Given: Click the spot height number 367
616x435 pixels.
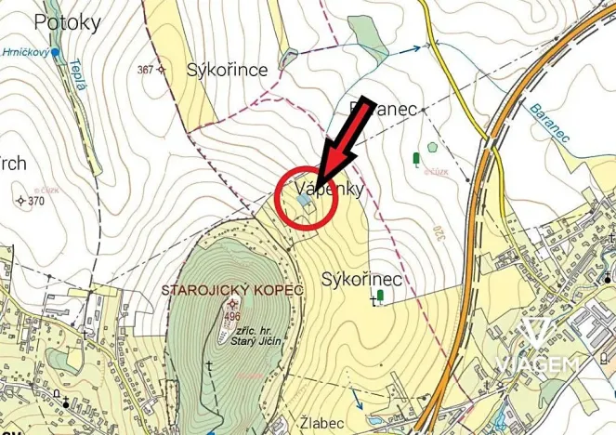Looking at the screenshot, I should point(144,70).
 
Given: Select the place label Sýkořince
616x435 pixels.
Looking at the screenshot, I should point(227,70).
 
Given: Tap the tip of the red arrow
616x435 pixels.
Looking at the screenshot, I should point(317,182).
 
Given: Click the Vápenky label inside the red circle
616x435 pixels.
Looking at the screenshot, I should point(321,189).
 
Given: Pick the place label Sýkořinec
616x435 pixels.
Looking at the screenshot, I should point(361,279).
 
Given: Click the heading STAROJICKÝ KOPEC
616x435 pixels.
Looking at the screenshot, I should point(232,290).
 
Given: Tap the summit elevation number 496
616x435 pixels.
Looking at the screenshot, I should point(232,317).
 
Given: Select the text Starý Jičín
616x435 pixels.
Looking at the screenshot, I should point(257,342).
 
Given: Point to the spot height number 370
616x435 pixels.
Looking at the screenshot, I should point(36,201).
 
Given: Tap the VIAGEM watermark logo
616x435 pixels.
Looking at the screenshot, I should point(538,348).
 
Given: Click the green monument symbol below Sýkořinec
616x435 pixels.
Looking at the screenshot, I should point(380,296).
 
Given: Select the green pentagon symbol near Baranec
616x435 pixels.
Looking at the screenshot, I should point(431,147).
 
